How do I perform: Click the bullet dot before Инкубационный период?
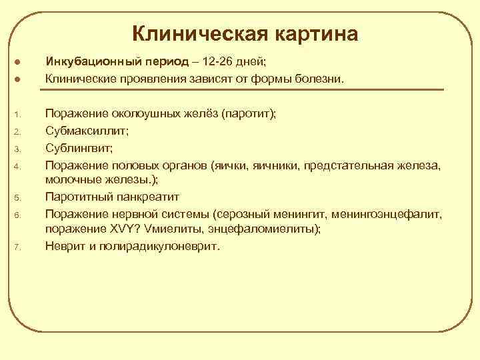(18, 63)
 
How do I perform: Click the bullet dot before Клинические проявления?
(18, 79)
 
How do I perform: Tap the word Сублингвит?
(75, 147)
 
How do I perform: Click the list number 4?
(18, 164)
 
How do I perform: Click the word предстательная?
(353, 163)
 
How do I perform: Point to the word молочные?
(72, 179)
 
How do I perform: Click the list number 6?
(18, 213)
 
